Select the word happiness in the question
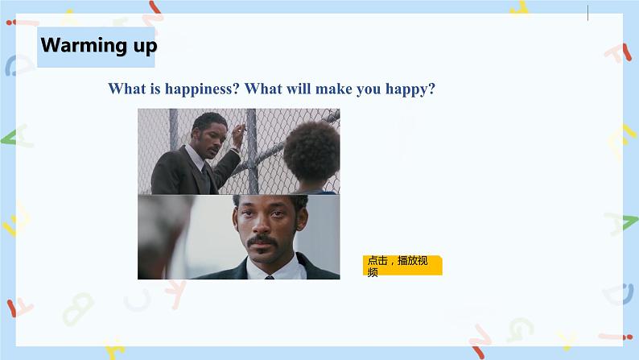[x=202, y=89]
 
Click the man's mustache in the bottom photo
[x=262, y=240]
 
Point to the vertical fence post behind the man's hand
[x=252, y=151]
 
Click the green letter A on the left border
[x=16, y=137]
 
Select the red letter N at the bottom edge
[x=480, y=341]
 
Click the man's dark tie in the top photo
[x=207, y=179]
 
